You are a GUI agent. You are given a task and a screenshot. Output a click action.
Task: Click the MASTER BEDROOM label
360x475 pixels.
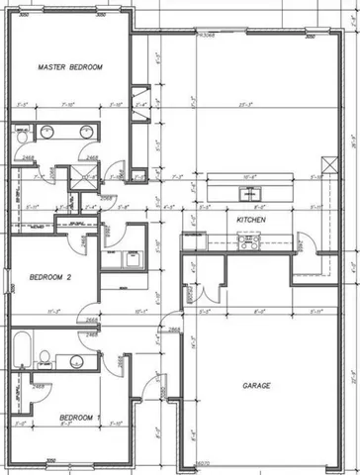70,67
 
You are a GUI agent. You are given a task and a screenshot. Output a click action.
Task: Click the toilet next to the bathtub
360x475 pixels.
43,357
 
